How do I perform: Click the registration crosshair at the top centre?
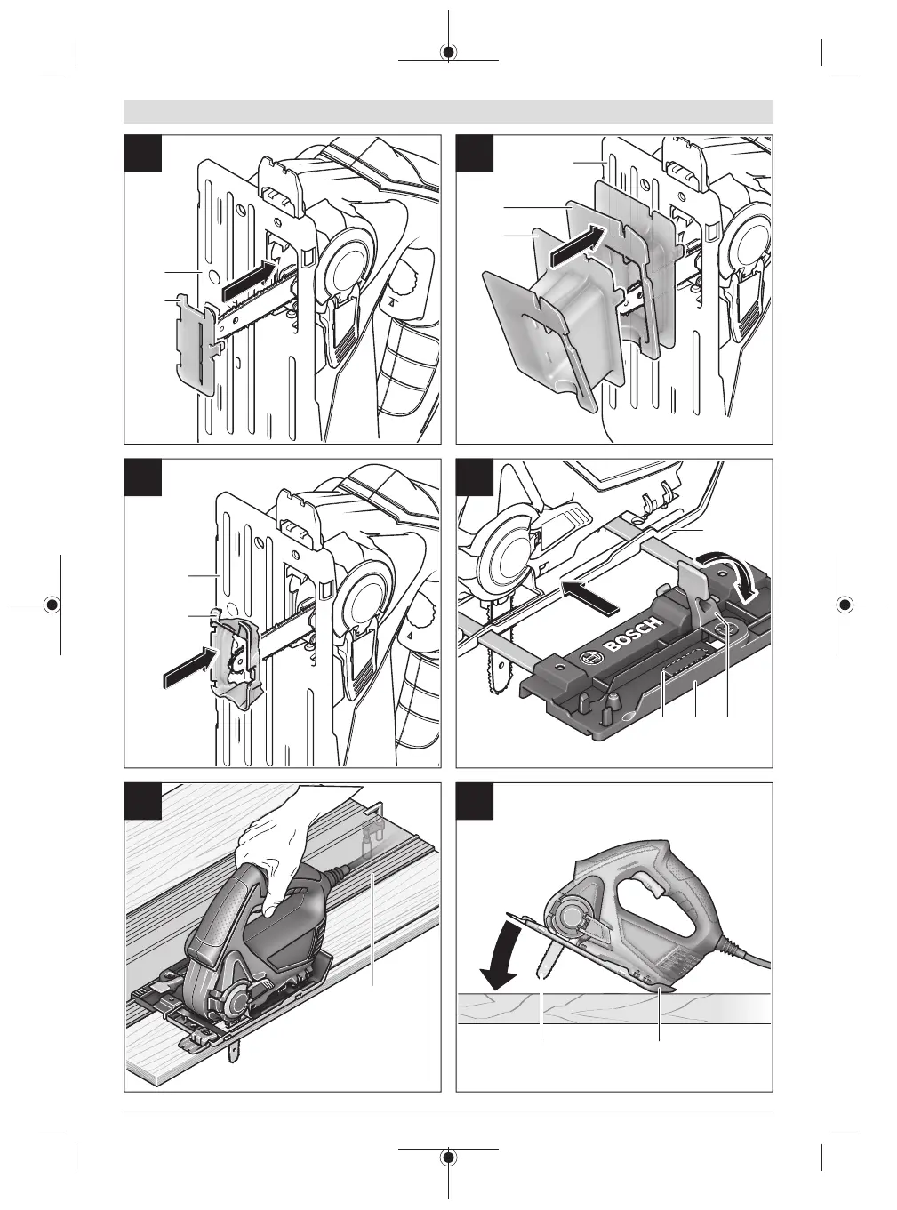[449, 51]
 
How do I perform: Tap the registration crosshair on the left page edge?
[52, 605]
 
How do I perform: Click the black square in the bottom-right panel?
[475, 801]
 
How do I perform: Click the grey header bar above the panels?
[448, 111]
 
